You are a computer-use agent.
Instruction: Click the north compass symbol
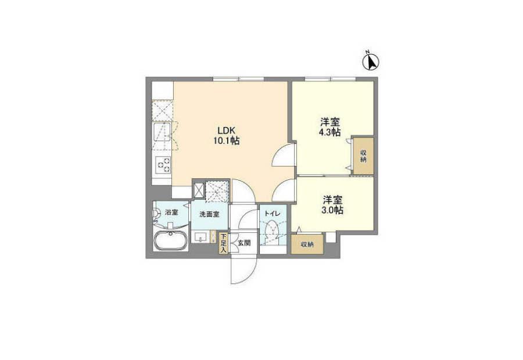371,62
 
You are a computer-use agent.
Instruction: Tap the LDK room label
227,130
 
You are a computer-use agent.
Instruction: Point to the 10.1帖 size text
227,141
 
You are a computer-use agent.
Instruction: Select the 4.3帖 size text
330,132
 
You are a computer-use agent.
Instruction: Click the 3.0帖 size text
333,210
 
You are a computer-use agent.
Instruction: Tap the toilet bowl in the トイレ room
273,229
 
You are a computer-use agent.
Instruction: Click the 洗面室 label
209,214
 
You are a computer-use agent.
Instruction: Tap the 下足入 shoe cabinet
223,243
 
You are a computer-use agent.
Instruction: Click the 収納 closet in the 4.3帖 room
364,156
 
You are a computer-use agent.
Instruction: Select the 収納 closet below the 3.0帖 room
307,244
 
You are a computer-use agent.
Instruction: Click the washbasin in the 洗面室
200,237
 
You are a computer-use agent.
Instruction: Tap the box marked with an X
199,190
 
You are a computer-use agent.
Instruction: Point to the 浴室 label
171,212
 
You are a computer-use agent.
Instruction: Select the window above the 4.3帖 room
330,79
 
